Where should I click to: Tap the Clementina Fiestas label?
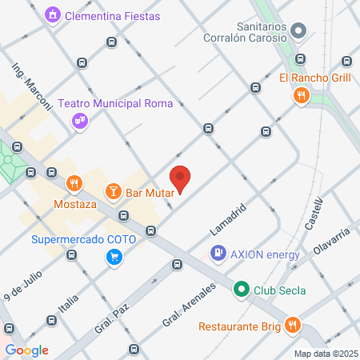coord(112,16)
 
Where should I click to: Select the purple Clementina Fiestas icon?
coord(53,15)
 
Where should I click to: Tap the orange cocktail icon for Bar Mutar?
coord(114,191)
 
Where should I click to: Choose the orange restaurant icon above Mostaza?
coord(74,183)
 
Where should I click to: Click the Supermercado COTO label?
coord(84,239)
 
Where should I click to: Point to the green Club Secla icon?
coord(241,290)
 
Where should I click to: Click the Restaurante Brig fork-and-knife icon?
coord(293,326)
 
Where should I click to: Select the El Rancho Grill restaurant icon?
coord(301,96)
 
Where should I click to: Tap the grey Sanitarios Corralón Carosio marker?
coord(298,32)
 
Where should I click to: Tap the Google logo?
coord(26,350)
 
